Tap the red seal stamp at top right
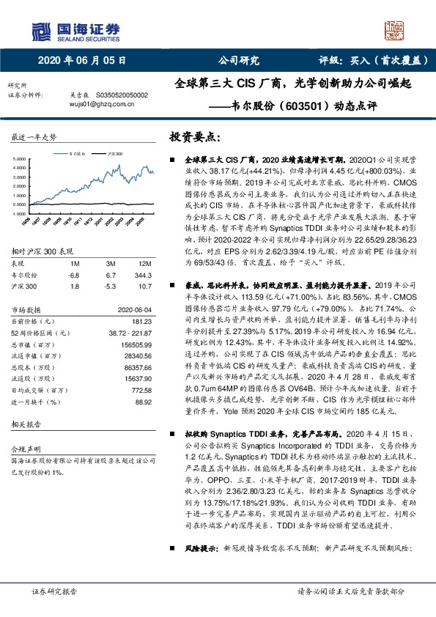pos(396,29)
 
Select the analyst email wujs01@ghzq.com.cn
pos(96,105)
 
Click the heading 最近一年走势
pos(34,137)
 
